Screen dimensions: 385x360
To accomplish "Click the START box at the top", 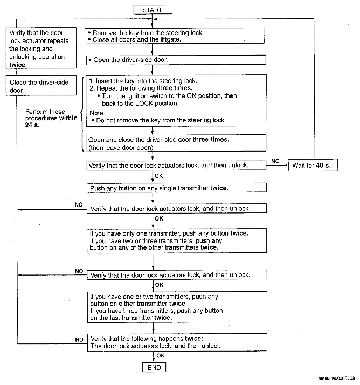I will (154, 10).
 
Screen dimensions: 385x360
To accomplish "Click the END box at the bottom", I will (154, 367).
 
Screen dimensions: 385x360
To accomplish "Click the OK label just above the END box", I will (161, 356).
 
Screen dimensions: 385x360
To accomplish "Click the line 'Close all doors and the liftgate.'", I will (137, 39).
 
